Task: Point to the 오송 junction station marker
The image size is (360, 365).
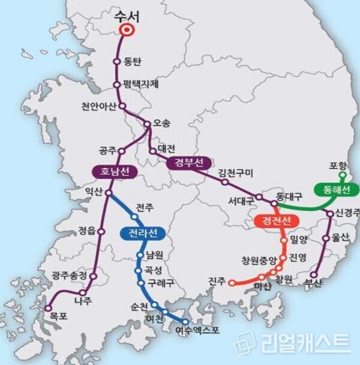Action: click(147, 124)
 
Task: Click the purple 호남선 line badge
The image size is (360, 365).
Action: click(115, 172)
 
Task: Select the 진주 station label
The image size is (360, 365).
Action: click(217, 280)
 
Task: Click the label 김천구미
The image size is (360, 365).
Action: click(236, 173)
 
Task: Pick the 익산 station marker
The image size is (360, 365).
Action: click(109, 193)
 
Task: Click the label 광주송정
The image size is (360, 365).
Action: click(70, 275)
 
